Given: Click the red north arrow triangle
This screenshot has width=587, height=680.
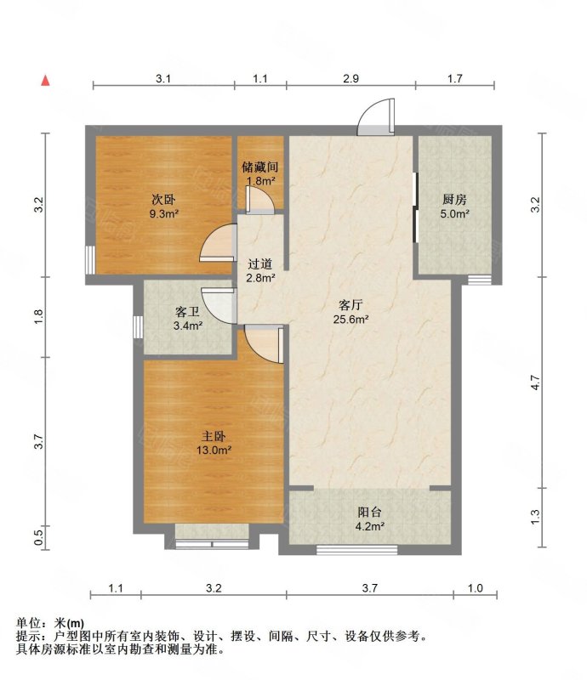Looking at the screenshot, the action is (x=46, y=80).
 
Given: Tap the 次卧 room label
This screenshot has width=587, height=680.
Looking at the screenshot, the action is (x=163, y=200).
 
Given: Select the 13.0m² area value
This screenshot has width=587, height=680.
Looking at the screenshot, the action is (x=214, y=450).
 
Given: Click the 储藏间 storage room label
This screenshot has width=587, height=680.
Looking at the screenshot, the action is (x=260, y=167).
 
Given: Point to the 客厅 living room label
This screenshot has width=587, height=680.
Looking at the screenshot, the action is (x=350, y=305).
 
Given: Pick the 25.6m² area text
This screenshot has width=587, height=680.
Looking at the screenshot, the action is (x=350, y=320).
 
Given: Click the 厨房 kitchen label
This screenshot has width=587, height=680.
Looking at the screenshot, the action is (x=454, y=200).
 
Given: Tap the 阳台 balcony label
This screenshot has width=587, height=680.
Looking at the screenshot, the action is (x=369, y=513).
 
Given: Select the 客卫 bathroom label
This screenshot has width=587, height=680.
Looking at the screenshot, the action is (x=187, y=311).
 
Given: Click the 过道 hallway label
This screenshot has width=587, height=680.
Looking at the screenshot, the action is (x=260, y=263).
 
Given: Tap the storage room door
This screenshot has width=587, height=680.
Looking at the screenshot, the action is (x=259, y=201).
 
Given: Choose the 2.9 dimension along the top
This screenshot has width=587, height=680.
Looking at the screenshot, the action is (x=350, y=78).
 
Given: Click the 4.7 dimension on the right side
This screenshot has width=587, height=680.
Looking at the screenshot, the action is (x=535, y=382).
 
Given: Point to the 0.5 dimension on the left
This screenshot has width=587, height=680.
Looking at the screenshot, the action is (x=39, y=538).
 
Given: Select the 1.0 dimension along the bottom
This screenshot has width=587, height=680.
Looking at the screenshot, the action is (x=475, y=588).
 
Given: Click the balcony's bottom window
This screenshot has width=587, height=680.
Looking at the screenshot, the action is (x=357, y=550).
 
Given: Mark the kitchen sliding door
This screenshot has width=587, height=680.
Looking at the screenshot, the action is (x=415, y=207).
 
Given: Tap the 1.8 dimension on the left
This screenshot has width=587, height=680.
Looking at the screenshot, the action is (x=39, y=316).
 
